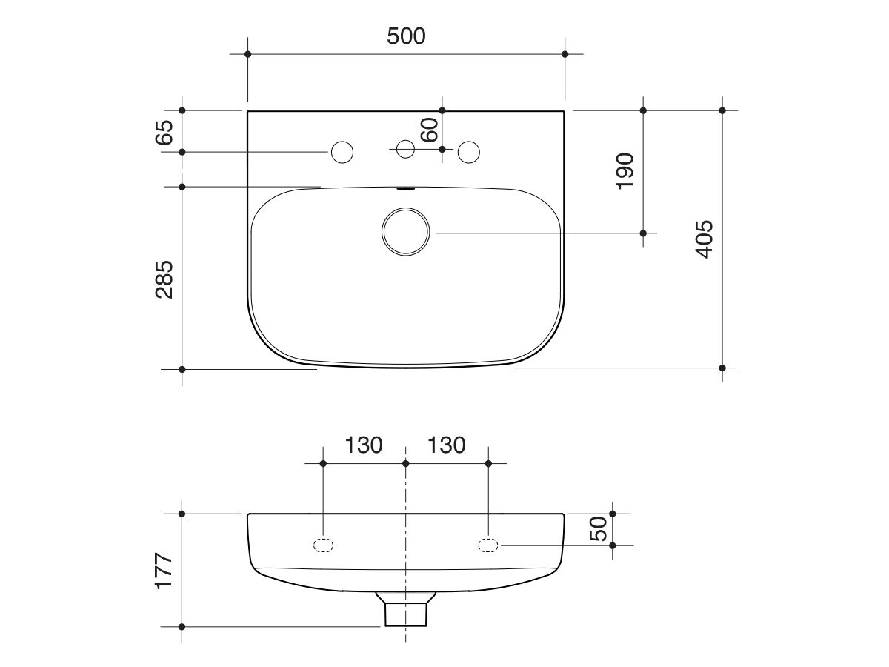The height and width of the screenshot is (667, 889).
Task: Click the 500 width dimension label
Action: pos(406,36)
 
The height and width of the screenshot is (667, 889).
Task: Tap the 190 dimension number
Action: pos(625,170)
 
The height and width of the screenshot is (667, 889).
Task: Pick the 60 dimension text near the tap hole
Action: pos(430,130)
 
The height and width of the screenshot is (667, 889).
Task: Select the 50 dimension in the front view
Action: pos(599,528)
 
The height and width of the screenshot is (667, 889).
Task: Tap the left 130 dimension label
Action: pos(363,445)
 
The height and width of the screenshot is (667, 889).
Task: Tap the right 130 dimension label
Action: pos(447,445)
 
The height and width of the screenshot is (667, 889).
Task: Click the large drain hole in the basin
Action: pos(405,233)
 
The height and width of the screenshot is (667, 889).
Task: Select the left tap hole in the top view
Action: pos(342,152)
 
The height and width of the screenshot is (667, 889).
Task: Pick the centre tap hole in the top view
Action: pos(405,149)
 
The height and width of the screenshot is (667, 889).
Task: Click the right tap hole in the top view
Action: pos(468,152)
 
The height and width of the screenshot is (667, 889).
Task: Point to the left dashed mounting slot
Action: pos(323,545)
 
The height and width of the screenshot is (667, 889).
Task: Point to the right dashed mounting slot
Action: pos(488,545)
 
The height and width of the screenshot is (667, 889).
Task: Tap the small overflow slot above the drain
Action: pos(405,188)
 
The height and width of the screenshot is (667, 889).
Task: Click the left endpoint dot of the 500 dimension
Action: pos(247,54)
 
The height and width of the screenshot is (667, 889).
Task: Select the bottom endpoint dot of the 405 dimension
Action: pos(722,368)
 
